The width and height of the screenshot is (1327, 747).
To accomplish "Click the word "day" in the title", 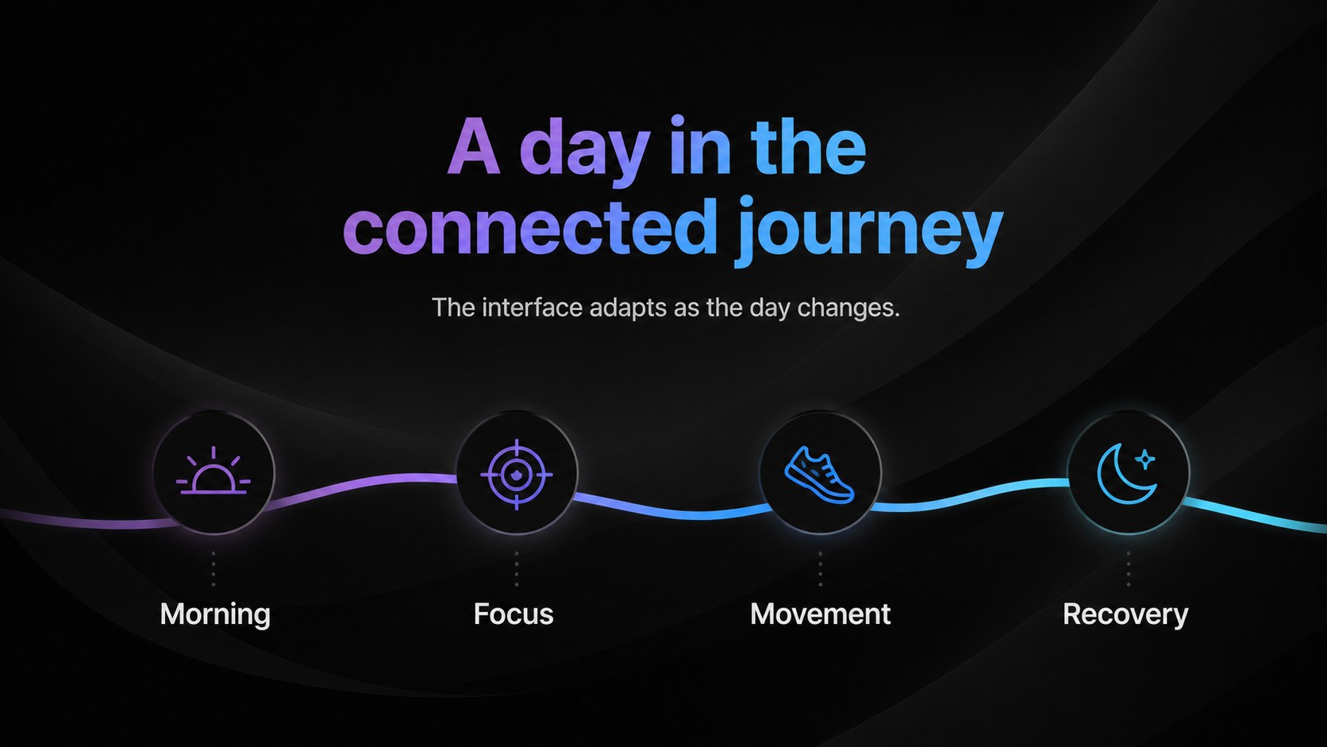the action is (585, 151).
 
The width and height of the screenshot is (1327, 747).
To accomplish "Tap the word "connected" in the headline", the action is (530, 227).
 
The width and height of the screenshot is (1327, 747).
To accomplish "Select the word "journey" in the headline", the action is (870, 232).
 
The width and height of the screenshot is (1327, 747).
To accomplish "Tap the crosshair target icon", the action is (517, 475).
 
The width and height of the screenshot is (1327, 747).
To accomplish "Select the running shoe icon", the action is (819, 475).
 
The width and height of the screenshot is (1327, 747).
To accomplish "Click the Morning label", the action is (215, 614).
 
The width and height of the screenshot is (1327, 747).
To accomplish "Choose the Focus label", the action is (513, 614).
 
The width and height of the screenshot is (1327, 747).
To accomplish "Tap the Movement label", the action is (820, 614).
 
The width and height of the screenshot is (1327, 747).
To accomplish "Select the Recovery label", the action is (1125, 615).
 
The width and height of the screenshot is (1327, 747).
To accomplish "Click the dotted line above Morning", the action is (213, 568).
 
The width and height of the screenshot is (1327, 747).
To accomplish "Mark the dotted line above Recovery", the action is (1128, 568).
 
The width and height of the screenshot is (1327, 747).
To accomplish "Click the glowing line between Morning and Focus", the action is (361, 484).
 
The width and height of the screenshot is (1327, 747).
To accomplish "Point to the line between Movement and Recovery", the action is (971, 496).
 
